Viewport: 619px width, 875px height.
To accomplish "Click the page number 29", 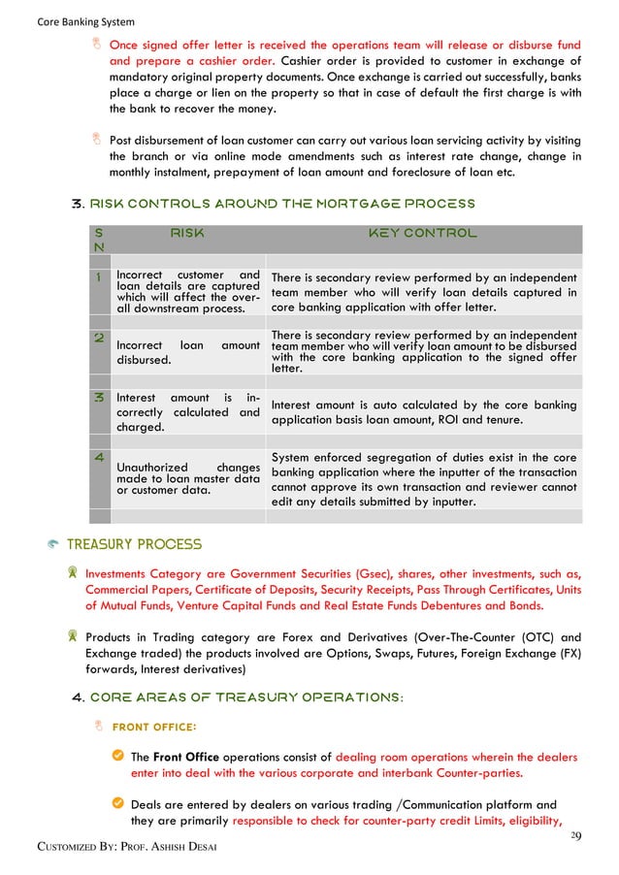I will point(575,836).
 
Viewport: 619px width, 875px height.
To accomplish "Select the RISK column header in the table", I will point(187,233).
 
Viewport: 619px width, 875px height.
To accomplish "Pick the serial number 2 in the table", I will point(98,339).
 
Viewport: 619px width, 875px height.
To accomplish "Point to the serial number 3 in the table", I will point(98,398).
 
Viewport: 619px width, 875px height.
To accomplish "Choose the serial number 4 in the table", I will point(98,456).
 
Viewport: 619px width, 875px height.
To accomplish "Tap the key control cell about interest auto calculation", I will point(423,412).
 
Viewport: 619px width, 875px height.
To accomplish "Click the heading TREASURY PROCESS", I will point(143,545).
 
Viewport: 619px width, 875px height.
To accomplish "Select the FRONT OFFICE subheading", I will point(154,727).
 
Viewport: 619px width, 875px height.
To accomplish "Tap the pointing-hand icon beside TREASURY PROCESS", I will point(54,546).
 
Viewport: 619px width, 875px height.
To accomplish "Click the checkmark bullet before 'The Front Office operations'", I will point(116,757).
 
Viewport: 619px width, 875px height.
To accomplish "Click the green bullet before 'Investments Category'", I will point(72,573).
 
